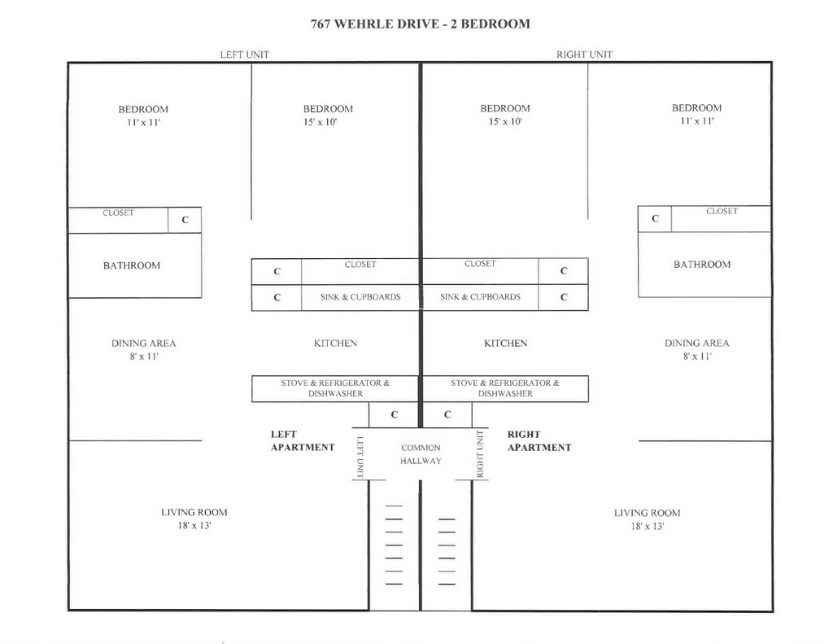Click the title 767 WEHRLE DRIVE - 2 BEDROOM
pyautogui.click(x=421, y=24)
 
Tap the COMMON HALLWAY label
pyautogui.click(x=421, y=454)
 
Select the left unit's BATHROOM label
pyautogui.click(x=132, y=265)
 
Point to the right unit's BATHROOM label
pyautogui.click(x=702, y=265)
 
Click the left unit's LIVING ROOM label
pyautogui.click(x=194, y=512)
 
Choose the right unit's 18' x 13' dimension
pyautogui.click(x=647, y=527)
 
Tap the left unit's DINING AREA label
pyautogui.click(x=143, y=343)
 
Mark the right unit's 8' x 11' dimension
pyautogui.click(x=697, y=357)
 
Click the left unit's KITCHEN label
pyautogui.click(x=336, y=343)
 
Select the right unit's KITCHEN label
pyautogui.click(x=506, y=343)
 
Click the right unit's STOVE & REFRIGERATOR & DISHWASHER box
pyautogui.click(x=505, y=388)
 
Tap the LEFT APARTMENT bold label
pyautogui.click(x=303, y=440)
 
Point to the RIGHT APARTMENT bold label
pyautogui.click(x=539, y=440)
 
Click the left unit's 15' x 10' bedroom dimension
pyautogui.click(x=321, y=122)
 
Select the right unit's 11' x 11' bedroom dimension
pyautogui.click(x=697, y=120)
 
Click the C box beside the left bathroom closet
pyautogui.click(x=185, y=220)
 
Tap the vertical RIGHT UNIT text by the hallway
pyautogui.click(x=480, y=454)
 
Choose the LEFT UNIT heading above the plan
pyautogui.click(x=245, y=55)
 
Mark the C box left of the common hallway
pyautogui.click(x=394, y=414)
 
